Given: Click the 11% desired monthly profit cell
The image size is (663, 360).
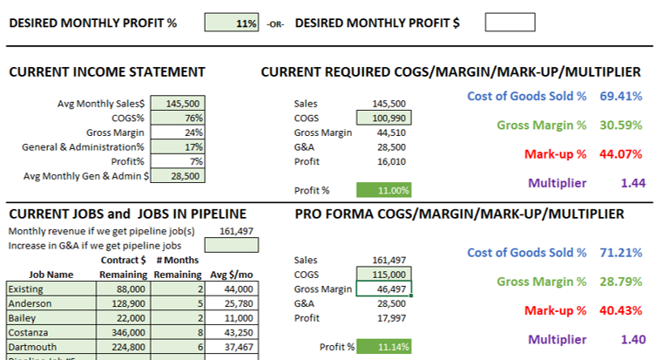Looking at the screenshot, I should tap(231, 24).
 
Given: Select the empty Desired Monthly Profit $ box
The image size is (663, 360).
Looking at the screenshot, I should tap(509, 24).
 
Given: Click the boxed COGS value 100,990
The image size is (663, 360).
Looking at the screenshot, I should tap(383, 118).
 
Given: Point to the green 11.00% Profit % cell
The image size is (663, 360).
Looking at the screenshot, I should tap(383, 190).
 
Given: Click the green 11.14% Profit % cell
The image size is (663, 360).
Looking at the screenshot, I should tap(383, 346).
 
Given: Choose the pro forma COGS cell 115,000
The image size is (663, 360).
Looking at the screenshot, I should tap(383, 274).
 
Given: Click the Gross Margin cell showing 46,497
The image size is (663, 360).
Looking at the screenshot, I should tap(383, 289).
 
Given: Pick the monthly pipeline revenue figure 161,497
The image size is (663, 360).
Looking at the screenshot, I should tap(231, 231).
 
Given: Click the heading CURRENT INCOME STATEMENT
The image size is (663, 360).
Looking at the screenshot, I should tap(107, 72).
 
